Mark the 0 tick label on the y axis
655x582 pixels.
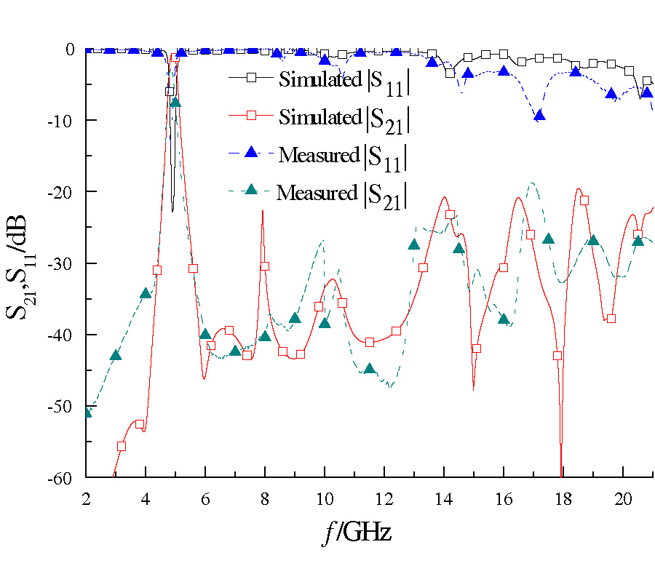[71, 49]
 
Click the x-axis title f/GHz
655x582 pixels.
[357, 534]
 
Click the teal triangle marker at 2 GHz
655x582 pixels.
[87, 412]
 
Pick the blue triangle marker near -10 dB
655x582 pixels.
[539, 116]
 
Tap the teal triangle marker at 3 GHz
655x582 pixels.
[116, 355]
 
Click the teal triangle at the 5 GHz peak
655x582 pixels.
[175, 102]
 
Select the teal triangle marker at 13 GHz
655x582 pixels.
[414, 244]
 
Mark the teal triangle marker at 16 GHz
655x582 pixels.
[504, 319]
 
